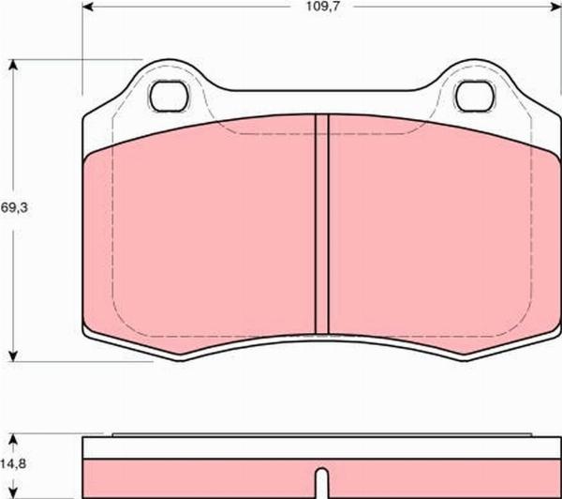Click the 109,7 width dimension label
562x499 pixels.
[x=322, y=7]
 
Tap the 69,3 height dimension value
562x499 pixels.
[x=14, y=207]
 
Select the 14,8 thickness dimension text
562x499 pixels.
[x=13, y=463]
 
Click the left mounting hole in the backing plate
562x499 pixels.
[x=170, y=97]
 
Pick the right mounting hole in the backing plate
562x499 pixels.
[x=475, y=97]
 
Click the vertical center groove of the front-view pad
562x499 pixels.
[x=322, y=224]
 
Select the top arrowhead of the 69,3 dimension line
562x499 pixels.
[x=13, y=66]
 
